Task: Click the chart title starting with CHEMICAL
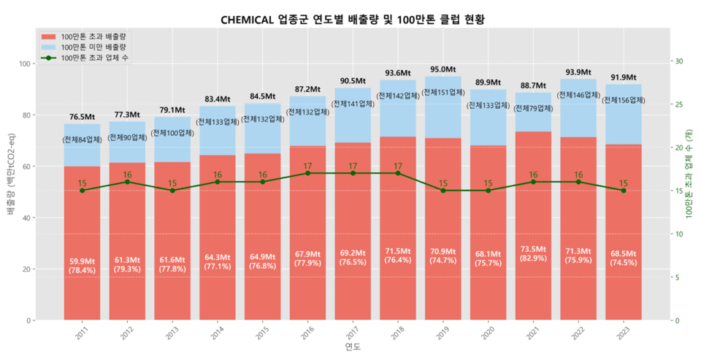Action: coord(353,19)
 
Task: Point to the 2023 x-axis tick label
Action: coord(622,334)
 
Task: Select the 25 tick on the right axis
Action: coord(677,104)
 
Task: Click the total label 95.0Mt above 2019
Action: coord(443,69)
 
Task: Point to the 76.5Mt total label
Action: coord(82,117)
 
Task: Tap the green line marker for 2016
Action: coord(307,173)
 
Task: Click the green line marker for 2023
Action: coord(624,191)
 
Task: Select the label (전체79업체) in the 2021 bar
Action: coord(533,108)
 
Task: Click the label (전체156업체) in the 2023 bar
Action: coord(624,100)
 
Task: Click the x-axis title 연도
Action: coord(353,346)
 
